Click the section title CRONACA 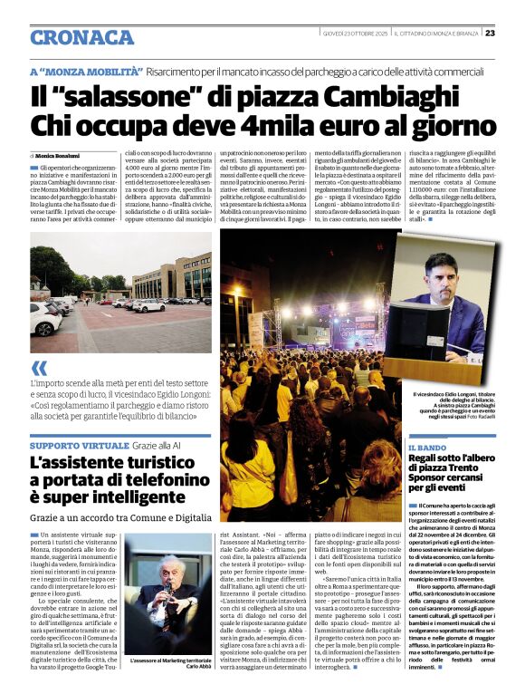click(x=81, y=37)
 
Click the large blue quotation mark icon click(x=38, y=367)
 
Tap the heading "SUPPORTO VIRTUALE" click(x=79, y=447)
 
